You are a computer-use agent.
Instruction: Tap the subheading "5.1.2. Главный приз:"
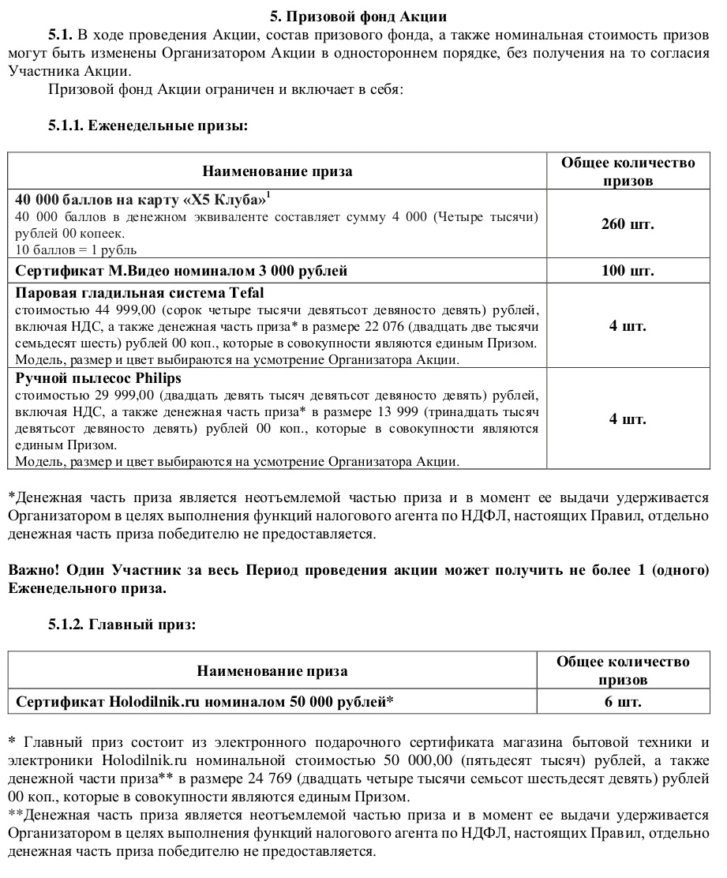122,625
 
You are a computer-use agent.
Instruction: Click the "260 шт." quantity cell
628,223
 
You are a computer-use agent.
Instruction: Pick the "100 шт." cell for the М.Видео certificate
628,271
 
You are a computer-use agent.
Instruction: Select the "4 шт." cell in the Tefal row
628,325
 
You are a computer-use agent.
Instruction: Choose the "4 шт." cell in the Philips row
628,418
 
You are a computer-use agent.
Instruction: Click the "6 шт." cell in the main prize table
623,701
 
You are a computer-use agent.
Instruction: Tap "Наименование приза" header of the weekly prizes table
277,171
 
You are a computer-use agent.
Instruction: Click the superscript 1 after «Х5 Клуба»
268,193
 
